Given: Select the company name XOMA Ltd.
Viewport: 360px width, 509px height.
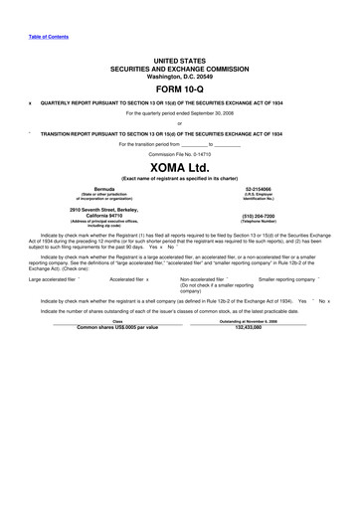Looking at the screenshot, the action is (179, 167).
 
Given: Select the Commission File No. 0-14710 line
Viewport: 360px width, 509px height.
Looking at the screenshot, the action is (179, 155).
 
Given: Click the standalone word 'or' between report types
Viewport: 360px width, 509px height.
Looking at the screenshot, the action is (179, 123).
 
